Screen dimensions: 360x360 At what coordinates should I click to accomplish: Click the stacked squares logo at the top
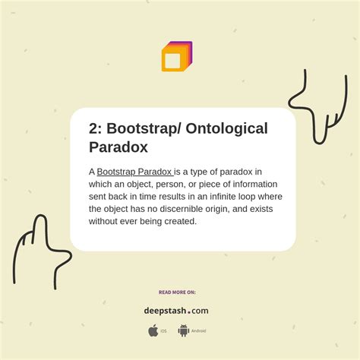177,57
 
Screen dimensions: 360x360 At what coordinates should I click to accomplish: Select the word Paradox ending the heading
118,147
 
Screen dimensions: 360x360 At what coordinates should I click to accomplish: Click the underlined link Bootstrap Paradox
134,172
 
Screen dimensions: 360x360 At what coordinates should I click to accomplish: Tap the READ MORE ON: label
177,292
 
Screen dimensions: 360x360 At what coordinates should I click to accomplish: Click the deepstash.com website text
176,310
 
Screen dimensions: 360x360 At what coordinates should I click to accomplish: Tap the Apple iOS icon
153,330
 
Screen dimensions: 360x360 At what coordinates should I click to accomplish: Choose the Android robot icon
183,330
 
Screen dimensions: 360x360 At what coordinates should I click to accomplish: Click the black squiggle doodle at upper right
308,106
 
